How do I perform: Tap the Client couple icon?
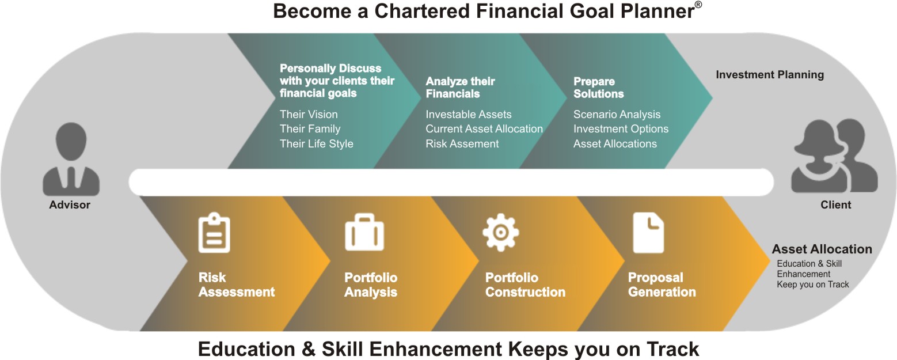click(834, 156)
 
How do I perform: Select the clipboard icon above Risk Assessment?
click(214, 233)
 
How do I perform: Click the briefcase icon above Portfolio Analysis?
click(364, 232)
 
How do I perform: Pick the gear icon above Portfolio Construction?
click(500, 232)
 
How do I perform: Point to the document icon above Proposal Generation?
click(648, 233)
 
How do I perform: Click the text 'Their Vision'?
click(309, 115)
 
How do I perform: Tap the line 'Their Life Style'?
click(316, 144)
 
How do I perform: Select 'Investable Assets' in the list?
click(469, 115)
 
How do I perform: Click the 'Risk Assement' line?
click(462, 144)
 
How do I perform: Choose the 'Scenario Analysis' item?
click(617, 115)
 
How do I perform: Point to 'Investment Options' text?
click(621, 129)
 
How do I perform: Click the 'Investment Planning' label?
click(770, 75)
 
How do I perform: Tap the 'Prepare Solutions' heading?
click(599, 88)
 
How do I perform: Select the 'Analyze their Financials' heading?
click(460, 88)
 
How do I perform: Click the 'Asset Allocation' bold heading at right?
click(822, 249)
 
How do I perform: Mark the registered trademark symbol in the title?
click(698, 5)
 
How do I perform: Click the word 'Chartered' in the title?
click(422, 11)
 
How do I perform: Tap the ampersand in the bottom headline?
click(309, 349)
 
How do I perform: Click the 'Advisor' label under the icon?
click(70, 205)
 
